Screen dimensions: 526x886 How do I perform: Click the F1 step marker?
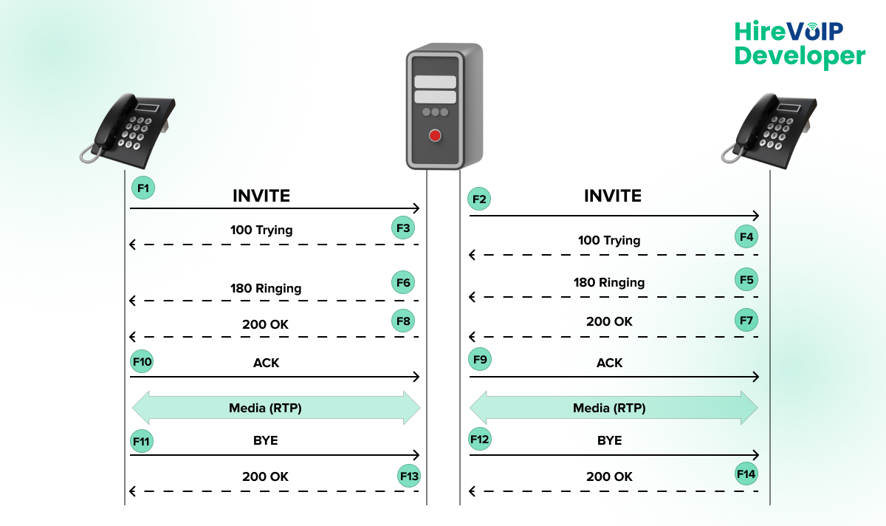143,188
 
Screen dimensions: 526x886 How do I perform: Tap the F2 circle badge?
480,199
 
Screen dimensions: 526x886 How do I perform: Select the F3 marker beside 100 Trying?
403,228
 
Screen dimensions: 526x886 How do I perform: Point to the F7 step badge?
746,320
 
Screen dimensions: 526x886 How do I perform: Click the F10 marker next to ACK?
142,362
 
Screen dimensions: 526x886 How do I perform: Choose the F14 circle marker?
746,474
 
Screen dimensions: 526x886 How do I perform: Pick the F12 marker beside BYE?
480,440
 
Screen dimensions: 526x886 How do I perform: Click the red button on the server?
435,135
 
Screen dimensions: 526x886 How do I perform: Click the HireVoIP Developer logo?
799,44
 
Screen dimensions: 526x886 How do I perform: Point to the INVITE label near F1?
261,196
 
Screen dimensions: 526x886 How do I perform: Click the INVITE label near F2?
613,196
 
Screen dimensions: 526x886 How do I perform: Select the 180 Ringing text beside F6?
266,288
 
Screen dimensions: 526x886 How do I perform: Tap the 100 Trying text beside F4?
609,240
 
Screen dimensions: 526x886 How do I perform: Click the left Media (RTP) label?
265,408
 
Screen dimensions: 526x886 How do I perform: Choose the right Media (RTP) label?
609,408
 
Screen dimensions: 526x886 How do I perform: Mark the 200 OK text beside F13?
265,477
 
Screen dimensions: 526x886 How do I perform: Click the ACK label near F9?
609,363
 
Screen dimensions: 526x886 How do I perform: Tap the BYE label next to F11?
265,440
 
